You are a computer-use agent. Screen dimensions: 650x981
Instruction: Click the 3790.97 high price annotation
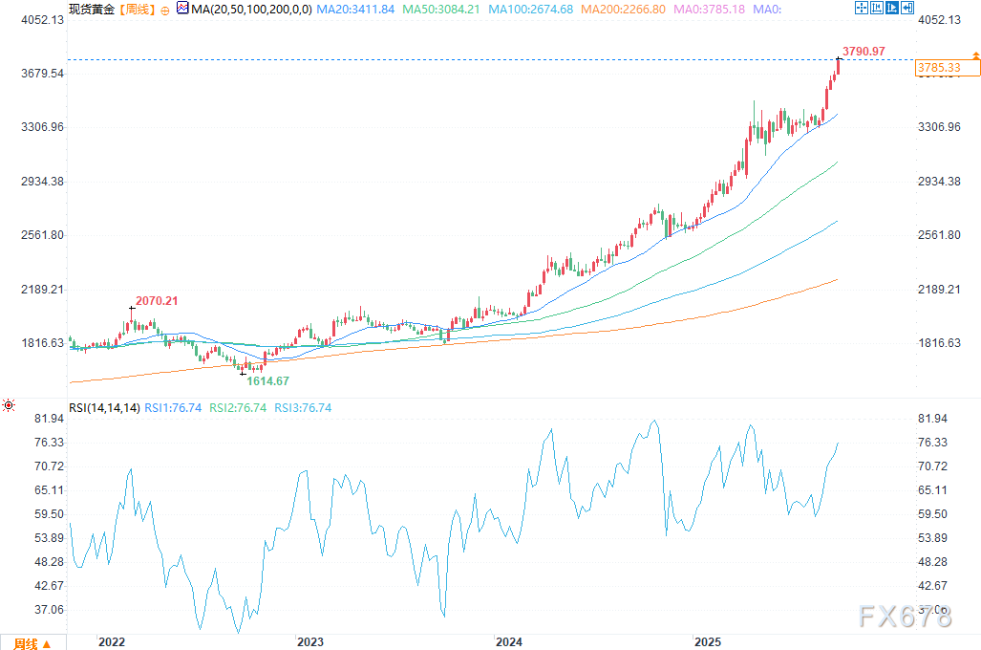pyautogui.click(x=863, y=51)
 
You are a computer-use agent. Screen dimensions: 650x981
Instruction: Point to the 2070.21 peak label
pyautogui.click(x=156, y=301)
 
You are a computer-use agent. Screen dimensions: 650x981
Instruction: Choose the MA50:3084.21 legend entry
pyautogui.click(x=439, y=9)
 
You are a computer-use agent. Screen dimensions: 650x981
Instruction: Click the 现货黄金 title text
pyautogui.click(x=91, y=9)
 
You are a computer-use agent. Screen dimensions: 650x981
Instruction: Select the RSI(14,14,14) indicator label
pyautogui.click(x=104, y=408)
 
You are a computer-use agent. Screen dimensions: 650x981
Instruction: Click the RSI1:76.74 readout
pyautogui.click(x=172, y=408)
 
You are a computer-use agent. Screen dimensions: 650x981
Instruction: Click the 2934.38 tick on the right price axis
pyautogui.click(x=939, y=182)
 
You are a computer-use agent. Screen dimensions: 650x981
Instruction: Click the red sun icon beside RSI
pyautogui.click(x=9, y=406)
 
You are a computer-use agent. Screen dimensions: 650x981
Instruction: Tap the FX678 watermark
pyautogui.click(x=905, y=617)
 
